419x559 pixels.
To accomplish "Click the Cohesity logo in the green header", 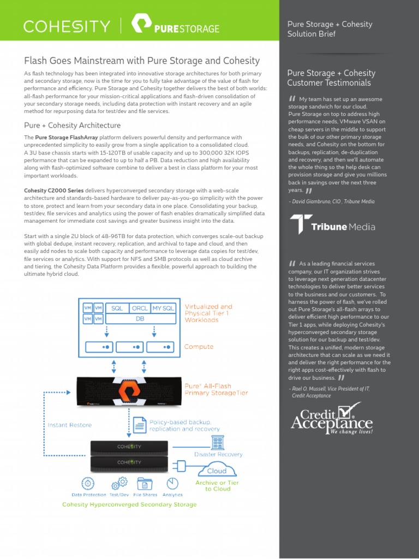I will click(66, 26).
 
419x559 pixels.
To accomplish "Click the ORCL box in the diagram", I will click(140, 308).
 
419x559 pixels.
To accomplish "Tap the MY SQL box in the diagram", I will click(163, 308).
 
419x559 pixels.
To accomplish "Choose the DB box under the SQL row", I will click(140, 318).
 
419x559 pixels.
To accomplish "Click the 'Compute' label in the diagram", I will click(199, 347).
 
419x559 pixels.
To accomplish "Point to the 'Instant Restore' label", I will click(70, 425).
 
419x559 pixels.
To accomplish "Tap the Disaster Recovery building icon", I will click(218, 442).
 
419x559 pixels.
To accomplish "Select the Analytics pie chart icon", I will click(173, 483).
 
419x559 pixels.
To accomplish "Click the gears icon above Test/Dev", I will click(118, 483).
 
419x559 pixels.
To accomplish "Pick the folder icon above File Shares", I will click(145, 483).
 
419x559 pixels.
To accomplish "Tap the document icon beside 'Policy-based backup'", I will click(140, 425).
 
